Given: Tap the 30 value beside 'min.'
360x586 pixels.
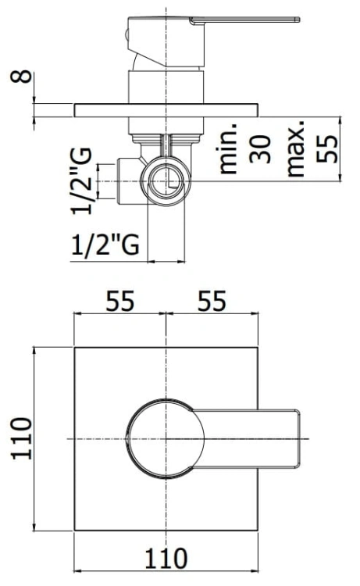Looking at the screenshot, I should point(261,148).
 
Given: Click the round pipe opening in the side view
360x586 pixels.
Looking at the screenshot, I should point(168,182).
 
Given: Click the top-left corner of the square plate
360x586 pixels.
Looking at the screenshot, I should point(73,345).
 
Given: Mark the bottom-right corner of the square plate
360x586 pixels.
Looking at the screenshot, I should point(258,531).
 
